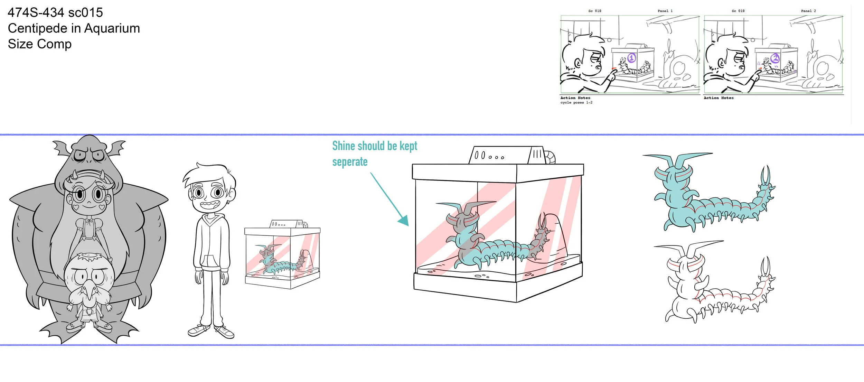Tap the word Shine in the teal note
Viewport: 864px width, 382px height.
(344, 146)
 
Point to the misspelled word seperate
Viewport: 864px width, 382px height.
(350, 162)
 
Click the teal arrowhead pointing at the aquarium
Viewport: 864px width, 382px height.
(404, 220)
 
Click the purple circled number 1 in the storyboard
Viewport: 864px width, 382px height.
(631, 58)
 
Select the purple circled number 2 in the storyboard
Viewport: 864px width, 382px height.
(775, 58)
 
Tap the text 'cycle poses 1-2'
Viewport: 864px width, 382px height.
(576, 103)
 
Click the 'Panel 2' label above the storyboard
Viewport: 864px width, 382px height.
(808, 11)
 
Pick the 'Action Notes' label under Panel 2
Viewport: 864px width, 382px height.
(719, 98)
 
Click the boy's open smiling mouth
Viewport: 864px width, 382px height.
(209, 205)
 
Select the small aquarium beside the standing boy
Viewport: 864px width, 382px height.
(282, 256)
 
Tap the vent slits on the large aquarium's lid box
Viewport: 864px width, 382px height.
(537, 154)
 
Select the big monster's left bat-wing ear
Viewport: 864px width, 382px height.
(62, 147)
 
